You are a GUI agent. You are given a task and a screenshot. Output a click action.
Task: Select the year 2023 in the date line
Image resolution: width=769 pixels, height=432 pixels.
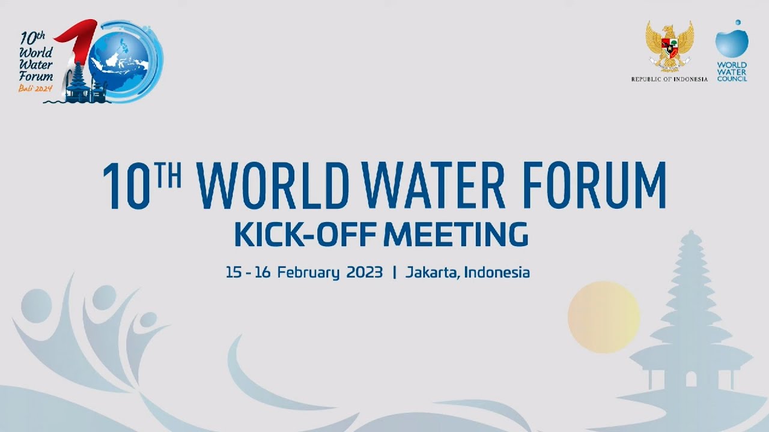pos(364,272)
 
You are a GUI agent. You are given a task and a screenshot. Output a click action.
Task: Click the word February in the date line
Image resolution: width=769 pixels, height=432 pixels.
pos(308,272)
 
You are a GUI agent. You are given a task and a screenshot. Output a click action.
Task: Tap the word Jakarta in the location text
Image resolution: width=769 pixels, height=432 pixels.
pos(433,272)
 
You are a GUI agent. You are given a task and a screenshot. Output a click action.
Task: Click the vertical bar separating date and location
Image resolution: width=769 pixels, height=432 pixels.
pos(394,272)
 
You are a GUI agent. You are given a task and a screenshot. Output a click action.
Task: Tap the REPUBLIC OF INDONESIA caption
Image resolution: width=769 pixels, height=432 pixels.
pos(669,79)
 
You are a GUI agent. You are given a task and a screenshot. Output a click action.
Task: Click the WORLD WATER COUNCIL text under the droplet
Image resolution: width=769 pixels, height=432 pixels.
pos(732,71)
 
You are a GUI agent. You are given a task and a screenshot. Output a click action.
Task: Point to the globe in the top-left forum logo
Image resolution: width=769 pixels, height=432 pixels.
pos(123,60)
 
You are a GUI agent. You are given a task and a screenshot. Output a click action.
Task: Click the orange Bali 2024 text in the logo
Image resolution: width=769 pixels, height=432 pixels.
pos(37,88)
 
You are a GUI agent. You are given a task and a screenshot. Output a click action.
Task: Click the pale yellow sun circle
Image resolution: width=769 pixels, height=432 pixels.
pos(603,316)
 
